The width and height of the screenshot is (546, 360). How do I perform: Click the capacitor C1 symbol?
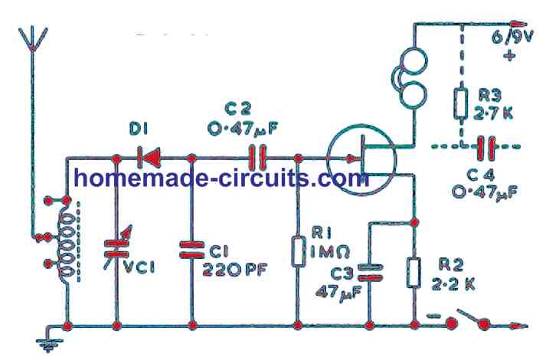191,247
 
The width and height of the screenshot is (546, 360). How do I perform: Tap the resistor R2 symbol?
414,273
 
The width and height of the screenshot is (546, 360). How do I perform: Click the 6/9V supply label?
512,35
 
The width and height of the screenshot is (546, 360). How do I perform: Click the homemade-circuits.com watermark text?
221,178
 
